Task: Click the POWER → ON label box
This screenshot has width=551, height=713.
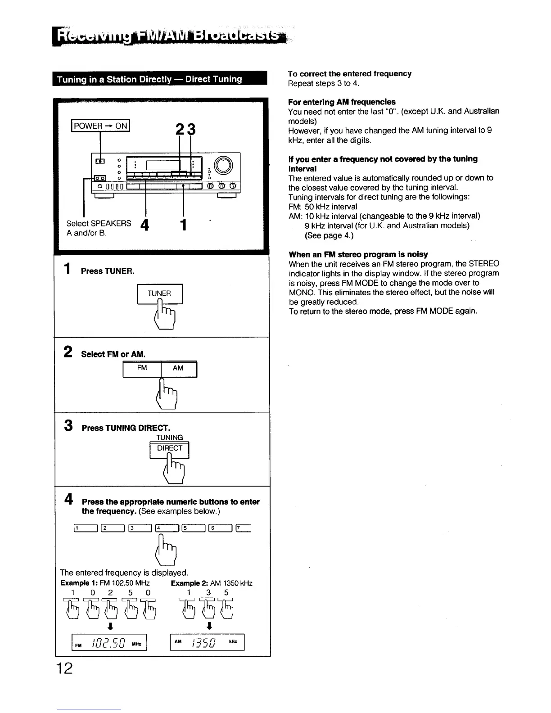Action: pyautogui.click(x=100, y=126)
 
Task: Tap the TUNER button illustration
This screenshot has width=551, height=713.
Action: pyautogui.click(x=159, y=293)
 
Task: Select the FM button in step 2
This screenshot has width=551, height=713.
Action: pyautogui.click(x=142, y=369)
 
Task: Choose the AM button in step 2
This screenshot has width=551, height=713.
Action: pyautogui.click(x=178, y=369)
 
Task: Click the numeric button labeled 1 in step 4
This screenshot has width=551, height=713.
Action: pyautogui.click(x=85, y=529)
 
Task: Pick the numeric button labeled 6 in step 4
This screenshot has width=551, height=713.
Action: pyautogui.click(x=220, y=529)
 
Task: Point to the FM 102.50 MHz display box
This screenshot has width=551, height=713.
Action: pyautogui.click(x=109, y=642)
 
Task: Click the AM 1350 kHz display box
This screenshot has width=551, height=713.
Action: pyautogui.click(x=207, y=642)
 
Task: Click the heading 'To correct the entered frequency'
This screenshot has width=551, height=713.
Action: pyautogui.click(x=350, y=74)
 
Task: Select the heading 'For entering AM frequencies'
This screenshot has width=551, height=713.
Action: pyautogui.click(x=342, y=102)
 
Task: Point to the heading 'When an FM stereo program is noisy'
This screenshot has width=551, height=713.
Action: pyautogui.click(x=358, y=254)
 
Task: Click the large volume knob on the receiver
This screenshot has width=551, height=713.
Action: pyautogui.click(x=224, y=165)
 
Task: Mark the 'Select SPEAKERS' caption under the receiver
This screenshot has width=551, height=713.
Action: pyautogui.click(x=99, y=224)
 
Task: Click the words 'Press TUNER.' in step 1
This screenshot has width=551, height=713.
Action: pyautogui.click(x=108, y=271)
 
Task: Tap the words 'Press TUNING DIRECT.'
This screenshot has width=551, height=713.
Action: pyautogui.click(x=126, y=428)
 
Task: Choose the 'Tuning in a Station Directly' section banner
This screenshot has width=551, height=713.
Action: pyautogui.click(x=160, y=79)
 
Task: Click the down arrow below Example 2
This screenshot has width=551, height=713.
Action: pyautogui.click(x=208, y=626)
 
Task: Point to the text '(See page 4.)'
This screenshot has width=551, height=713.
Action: pyautogui.click(x=329, y=235)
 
